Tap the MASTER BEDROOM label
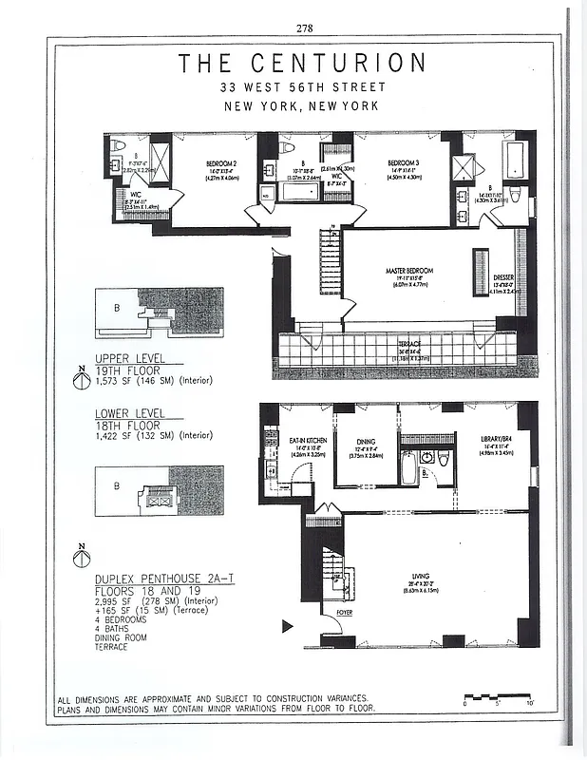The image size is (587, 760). (x=408, y=271)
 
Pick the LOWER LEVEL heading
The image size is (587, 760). (x=129, y=414)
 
